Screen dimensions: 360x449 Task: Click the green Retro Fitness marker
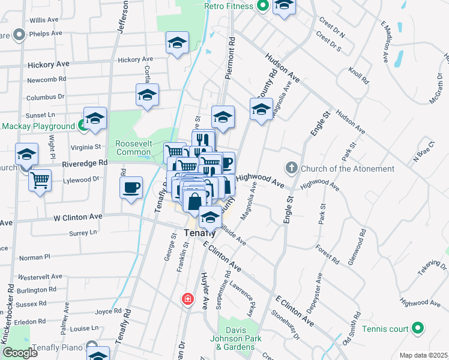pos(262,6)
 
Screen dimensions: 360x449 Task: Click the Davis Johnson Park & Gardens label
pos(239,338)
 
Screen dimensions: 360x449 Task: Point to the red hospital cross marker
pos(188,299)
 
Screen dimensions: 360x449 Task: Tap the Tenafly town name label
pos(198,232)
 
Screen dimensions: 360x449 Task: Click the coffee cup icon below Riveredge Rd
pos(131,188)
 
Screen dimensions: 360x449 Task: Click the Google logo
pos(20,353)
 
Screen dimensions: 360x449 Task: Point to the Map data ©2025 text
pos(423,355)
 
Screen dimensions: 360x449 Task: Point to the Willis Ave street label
pos(44,20)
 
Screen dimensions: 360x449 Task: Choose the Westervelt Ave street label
pos(40,277)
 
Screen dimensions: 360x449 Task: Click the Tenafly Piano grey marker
pos(92,346)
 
